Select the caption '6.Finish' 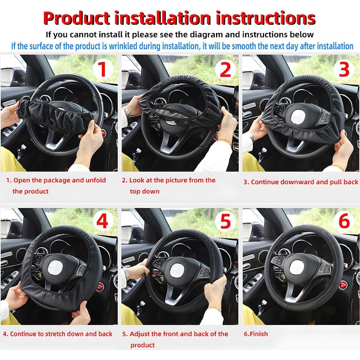(256, 334)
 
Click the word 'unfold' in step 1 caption (96, 180)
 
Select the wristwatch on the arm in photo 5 (127, 273)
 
